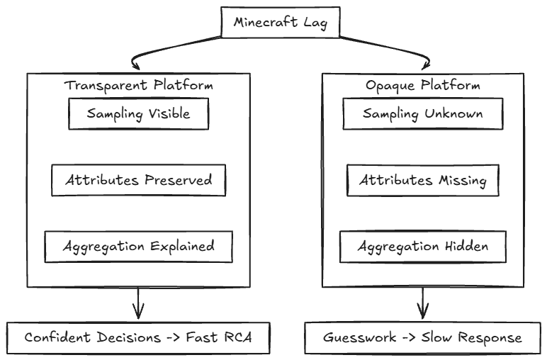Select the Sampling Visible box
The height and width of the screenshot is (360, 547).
pos(138,113)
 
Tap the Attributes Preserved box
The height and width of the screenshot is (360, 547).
pos(138,180)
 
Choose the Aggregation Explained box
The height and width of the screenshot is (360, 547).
pos(138,247)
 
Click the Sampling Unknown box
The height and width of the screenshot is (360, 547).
pos(423,113)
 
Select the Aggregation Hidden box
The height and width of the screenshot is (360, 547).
pos(423,247)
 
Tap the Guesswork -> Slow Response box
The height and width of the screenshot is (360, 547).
pos(424,337)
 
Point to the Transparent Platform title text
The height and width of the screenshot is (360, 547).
pos(139,85)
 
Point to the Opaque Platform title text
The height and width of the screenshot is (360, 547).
pos(423,85)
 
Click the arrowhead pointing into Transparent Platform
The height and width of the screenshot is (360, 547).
pos(135,63)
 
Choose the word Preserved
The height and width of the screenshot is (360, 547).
pos(177,180)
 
